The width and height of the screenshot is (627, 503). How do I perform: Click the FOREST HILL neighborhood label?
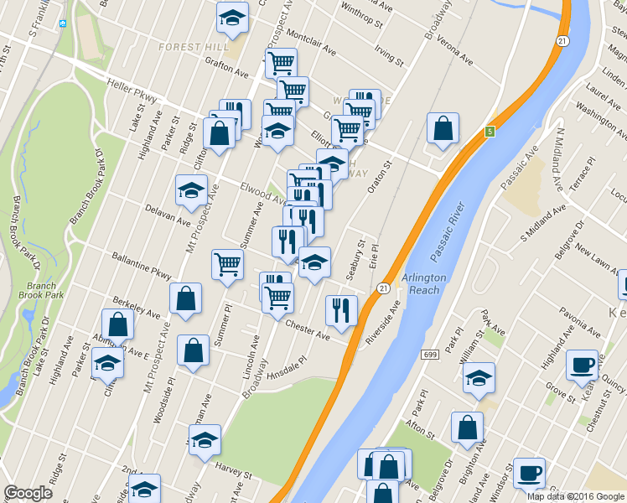[x=188, y=47]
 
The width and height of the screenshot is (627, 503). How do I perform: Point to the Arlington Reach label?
[x=424, y=283]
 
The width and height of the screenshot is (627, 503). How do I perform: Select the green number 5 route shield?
[x=489, y=132]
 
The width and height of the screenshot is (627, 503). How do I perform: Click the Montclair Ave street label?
[x=311, y=45]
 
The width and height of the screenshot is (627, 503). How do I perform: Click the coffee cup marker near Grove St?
[x=582, y=364]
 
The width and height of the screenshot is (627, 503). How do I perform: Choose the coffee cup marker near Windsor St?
[x=528, y=471]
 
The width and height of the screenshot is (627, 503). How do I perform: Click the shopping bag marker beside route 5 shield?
[x=443, y=128]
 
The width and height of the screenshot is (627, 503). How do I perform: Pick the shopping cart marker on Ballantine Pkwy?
[x=227, y=264]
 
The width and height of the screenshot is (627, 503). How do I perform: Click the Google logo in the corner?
[x=28, y=493]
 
